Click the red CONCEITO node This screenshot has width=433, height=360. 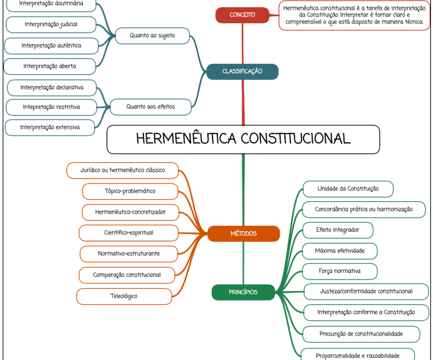click(242, 15)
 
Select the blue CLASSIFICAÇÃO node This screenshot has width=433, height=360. click(242, 72)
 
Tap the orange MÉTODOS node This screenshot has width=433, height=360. click(243, 234)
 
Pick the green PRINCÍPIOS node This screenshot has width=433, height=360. click(243, 292)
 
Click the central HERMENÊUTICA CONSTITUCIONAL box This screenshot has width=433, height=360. click(243, 139)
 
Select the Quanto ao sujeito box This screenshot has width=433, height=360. click(153, 36)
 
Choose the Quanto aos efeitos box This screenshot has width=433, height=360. click(151, 107)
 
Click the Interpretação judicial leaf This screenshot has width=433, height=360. click(51, 25)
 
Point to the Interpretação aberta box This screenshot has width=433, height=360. click(50, 66)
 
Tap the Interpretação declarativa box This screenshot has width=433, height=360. click(52, 88)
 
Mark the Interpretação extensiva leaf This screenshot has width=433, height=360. click(50, 128)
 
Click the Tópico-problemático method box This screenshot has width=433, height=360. click(130, 191)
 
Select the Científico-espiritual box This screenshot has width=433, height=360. click(128, 233)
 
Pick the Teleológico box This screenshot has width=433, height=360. click(124, 296)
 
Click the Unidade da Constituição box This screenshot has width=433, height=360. click(348, 189)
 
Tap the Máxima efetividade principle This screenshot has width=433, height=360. click(339, 251)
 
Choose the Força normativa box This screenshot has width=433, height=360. click(339, 271)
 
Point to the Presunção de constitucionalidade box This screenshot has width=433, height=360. click(361, 334)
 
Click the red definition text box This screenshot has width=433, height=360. click(354, 15)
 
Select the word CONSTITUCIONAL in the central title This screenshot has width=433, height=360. click(296, 139)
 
